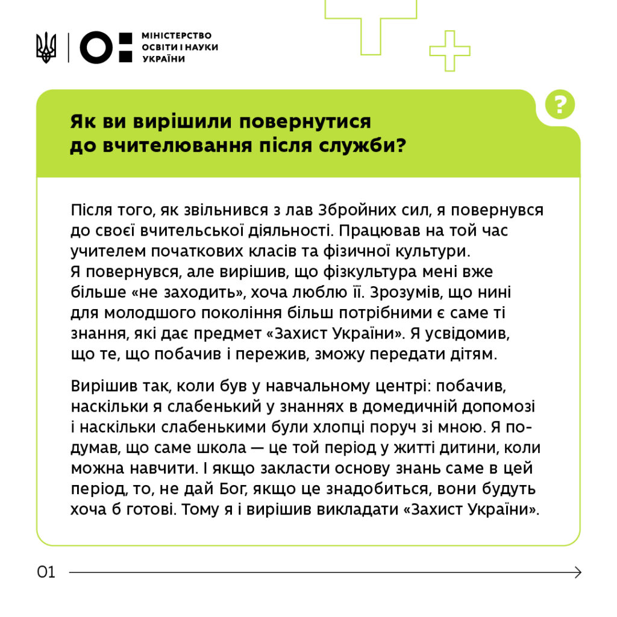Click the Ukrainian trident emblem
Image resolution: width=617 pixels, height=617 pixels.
(46, 47)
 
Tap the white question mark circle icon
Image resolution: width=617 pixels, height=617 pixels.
(560, 105)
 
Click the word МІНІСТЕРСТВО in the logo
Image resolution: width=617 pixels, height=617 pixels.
(177, 36)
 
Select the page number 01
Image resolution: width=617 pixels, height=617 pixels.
(46, 572)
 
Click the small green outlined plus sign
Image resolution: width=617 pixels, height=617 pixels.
(449, 51)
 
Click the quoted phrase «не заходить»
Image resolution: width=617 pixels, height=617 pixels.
(172, 292)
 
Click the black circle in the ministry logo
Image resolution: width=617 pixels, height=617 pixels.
(97, 48)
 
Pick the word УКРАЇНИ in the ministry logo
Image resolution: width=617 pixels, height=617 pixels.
(164, 58)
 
